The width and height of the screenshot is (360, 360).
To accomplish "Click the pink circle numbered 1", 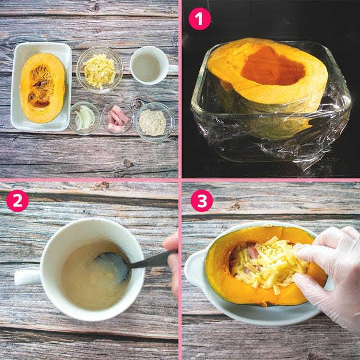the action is pyautogui.click(x=199, y=19).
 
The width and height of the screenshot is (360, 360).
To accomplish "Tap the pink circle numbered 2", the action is pyautogui.click(x=17, y=200).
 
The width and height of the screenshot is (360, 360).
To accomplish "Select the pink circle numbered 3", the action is pyautogui.click(x=202, y=200).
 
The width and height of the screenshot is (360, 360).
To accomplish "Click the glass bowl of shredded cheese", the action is pyautogui.click(x=100, y=70).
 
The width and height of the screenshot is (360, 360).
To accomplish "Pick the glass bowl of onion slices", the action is pyautogui.click(x=85, y=118).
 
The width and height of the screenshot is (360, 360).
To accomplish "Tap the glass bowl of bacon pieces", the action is pyautogui.click(x=118, y=119).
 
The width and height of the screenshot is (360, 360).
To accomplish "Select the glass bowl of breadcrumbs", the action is pyautogui.click(x=154, y=122).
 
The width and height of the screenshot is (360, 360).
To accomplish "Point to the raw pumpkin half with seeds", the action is pyautogui.click(x=43, y=88).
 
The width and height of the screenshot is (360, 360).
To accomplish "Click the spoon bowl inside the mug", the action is pyautogui.click(x=112, y=266).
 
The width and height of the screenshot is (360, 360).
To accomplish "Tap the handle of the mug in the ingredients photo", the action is pyautogui.click(x=173, y=69).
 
